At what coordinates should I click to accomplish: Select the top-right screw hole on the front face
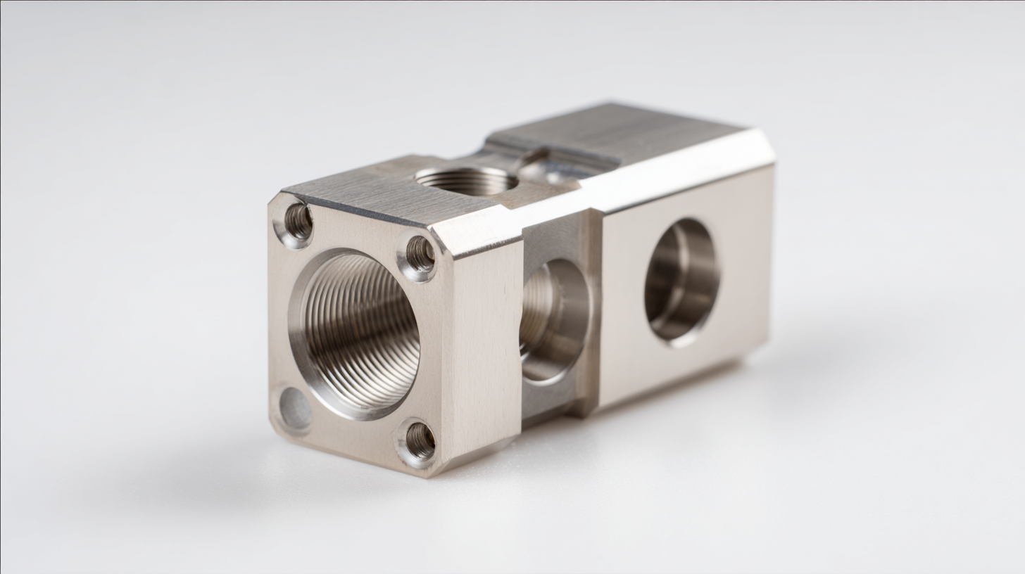tap(419, 255)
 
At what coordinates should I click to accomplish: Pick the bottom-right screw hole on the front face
tap(418, 441)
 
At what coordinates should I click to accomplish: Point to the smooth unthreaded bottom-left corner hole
tap(294, 408)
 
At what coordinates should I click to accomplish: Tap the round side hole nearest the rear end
tap(681, 281)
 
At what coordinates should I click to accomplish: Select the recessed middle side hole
tap(554, 320)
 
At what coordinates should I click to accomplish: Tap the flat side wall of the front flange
tap(486, 352)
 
